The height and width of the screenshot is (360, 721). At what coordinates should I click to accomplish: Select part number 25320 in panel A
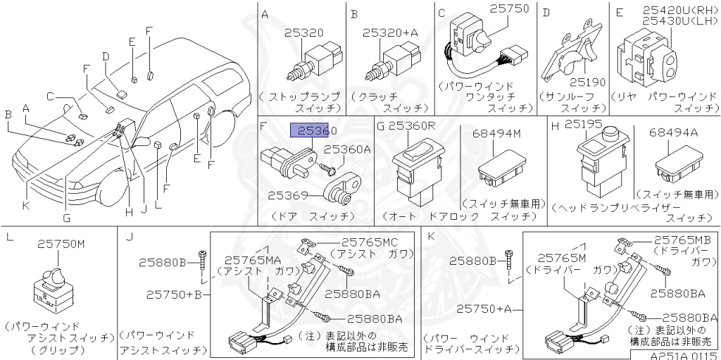coord(304,32)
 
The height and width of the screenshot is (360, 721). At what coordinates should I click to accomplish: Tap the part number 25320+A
coord(389,32)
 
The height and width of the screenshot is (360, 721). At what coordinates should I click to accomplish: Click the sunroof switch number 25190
coord(587,82)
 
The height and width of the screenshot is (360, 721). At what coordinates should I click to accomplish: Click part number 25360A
coord(347,149)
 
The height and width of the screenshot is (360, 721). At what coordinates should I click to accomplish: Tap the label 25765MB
coord(683,240)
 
